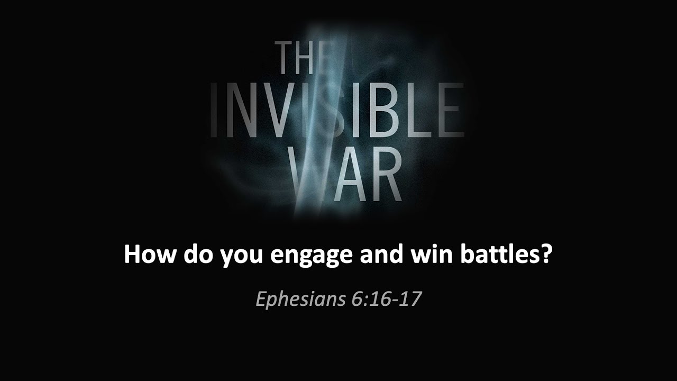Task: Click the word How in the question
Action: (150, 255)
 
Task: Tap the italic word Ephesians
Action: (300, 300)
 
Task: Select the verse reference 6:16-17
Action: (386, 299)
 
